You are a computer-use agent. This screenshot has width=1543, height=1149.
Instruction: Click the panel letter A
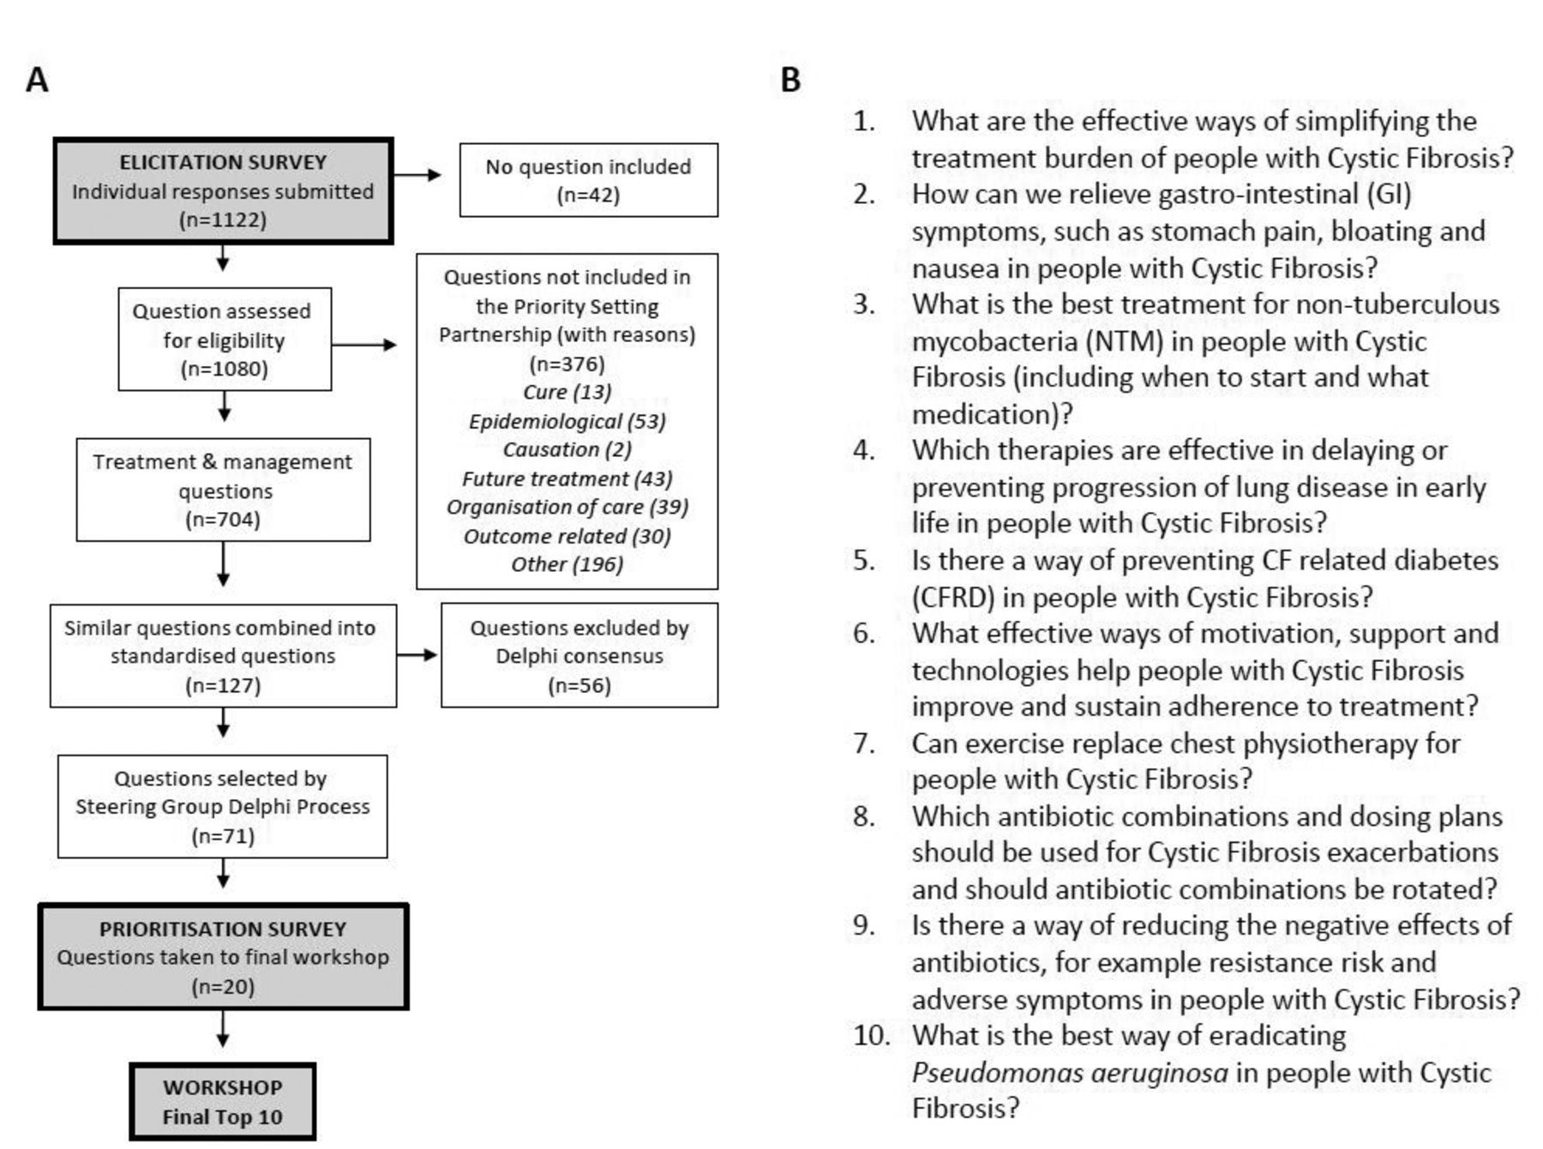(x=37, y=80)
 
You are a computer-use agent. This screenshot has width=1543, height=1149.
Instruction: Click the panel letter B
(x=790, y=80)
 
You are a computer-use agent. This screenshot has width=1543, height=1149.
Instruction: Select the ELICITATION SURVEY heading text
(x=223, y=162)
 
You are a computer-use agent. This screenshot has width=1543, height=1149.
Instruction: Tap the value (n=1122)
(x=223, y=220)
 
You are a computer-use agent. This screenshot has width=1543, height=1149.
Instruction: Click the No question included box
(x=589, y=180)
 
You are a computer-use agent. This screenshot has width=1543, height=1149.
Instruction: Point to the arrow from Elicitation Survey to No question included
(x=417, y=175)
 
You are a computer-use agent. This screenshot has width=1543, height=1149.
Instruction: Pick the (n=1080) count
(x=224, y=369)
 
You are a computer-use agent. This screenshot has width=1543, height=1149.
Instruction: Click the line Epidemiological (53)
(x=567, y=421)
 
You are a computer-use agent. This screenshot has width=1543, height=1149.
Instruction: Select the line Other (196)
(x=567, y=564)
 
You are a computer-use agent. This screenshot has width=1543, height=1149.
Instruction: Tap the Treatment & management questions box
(x=224, y=490)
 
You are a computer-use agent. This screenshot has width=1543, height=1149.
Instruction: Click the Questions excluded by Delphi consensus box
(x=579, y=655)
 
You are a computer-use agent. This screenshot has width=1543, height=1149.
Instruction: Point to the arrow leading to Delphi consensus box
(x=417, y=655)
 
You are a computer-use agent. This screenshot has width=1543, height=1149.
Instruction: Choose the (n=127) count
(x=223, y=685)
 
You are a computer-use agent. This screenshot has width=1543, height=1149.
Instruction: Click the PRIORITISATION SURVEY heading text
(x=223, y=929)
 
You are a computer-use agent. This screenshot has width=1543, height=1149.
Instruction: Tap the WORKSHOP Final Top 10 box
(x=223, y=1102)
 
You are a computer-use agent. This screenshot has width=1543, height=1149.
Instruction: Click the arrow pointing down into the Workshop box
(x=223, y=1029)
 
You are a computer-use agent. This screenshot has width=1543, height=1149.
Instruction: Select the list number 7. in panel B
(x=864, y=743)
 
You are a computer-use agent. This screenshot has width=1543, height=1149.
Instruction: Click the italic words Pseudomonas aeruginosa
(x=1070, y=1072)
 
